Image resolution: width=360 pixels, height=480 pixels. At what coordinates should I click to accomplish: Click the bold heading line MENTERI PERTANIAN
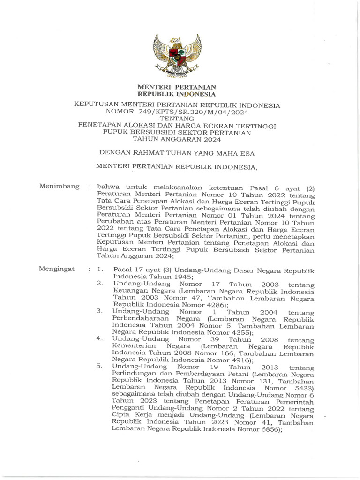pyautogui.click(x=176, y=87)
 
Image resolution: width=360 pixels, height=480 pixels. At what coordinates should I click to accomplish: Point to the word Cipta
pyautogui.click(x=120, y=415)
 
